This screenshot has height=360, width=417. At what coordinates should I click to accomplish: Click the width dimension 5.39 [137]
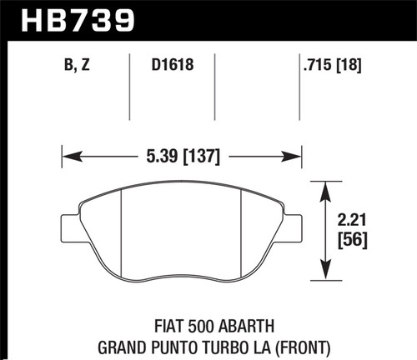181,154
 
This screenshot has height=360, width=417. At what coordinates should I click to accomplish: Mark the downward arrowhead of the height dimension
324,272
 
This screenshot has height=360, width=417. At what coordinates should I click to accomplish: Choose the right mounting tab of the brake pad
291,227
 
